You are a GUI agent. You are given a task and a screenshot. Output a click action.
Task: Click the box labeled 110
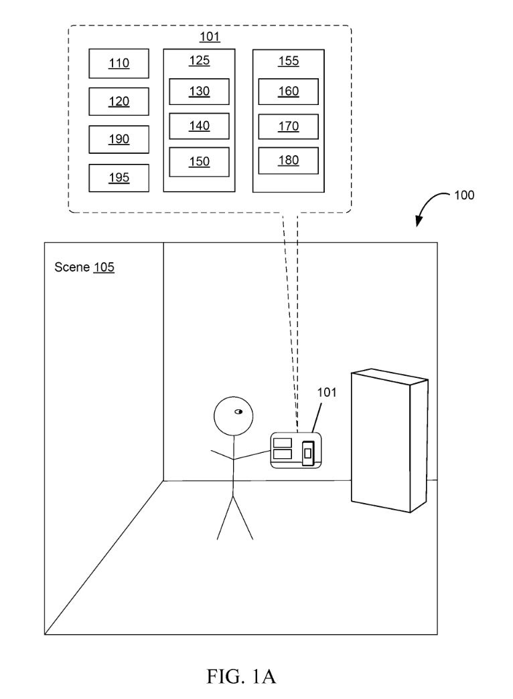click(119, 64)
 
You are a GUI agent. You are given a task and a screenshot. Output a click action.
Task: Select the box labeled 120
click(119, 101)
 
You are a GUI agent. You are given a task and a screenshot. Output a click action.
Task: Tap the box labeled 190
click(119, 139)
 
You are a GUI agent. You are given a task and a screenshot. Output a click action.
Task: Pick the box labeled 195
click(119, 177)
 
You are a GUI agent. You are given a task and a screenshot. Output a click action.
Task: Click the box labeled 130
click(199, 92)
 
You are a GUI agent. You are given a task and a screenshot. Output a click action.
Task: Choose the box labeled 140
click(199, 126)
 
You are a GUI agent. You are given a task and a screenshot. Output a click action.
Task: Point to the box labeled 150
click(199, 161)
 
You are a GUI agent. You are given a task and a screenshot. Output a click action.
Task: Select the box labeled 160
click(288, 92)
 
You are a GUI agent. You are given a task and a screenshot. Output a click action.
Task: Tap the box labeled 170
click(288, 126)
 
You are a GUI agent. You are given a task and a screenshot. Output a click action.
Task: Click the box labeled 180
click(288, 161)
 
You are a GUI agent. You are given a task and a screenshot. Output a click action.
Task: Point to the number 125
click(199, 61)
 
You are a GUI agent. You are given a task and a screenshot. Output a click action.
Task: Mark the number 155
click(288, 61)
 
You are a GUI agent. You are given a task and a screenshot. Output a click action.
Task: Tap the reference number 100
click(463, 196)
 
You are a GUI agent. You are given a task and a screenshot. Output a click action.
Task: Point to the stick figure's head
click(232, 417)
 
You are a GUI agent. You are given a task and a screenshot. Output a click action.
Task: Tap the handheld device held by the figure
click(295, 450)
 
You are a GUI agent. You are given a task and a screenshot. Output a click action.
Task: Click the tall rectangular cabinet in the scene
click(388, 445)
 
